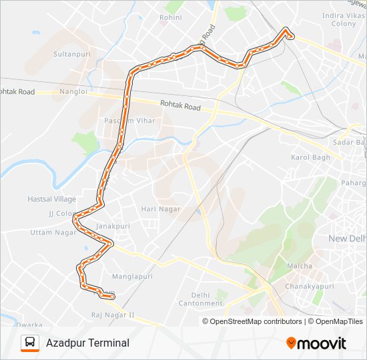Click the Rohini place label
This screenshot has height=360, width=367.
click(x=171, y=17)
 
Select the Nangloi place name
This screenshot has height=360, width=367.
click(x=73, y=92)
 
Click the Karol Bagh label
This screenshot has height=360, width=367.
click(x=310, y=157)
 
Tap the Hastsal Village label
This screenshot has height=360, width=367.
click(x=52, y=199)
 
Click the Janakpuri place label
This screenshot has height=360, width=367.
click(x=111, y=226)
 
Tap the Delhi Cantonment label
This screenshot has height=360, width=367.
click(x=201, y=299)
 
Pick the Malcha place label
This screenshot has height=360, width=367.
click(x=300, y=266)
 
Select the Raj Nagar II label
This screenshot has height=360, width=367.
click(x=113, y=315)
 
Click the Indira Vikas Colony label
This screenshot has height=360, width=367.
click(x=339, y=19)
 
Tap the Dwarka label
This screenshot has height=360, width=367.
click(x=29, y=325)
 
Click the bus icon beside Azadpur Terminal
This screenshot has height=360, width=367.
click(x=29, y=343)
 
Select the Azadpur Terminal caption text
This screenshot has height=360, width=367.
click(x=87, y=343)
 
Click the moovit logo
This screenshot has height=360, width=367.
click(x=316, y=343)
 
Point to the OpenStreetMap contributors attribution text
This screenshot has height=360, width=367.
click(x=256, y=321)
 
